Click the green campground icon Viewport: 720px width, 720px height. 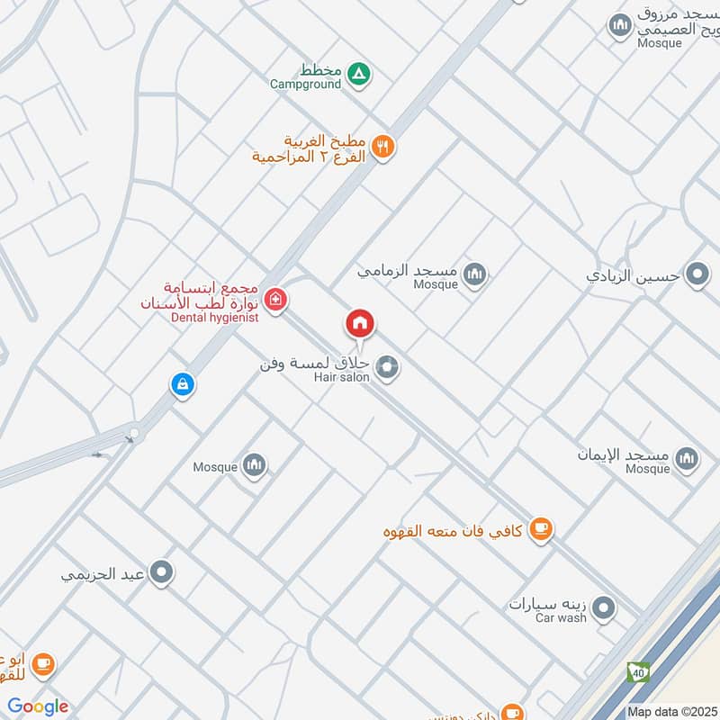coord(358,73)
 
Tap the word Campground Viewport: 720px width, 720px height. coord(306,84)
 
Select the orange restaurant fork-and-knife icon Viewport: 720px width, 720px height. coord(383,147)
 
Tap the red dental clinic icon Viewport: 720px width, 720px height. coord(276,300)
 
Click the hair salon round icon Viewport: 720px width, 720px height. coord(388,366)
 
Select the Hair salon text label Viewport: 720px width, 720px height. coord(341,377)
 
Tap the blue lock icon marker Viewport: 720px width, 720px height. coord(183,385)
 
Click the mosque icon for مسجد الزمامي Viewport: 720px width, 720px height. coord(474,274)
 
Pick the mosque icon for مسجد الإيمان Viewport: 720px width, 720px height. coord(687,459)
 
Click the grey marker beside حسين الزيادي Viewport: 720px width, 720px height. coord(697,274)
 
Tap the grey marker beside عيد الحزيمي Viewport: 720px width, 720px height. coord(161,572)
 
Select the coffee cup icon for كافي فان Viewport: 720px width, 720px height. coord(540,529)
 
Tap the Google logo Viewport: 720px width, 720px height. coord(38,706)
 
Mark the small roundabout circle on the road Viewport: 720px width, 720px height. coord(135,434)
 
